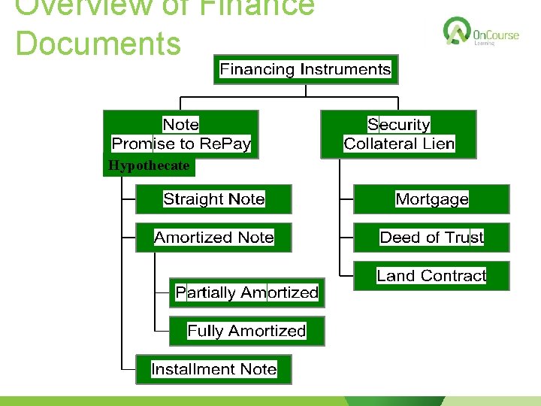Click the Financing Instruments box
coord(305,70)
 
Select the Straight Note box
coord(213,199)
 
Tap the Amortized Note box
coord(213,238)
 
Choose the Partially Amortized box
coord(246,292)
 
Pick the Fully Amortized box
coord(246,331)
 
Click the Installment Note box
coord(213,369)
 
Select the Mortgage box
coord(431,199)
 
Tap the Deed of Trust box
coord(431,238)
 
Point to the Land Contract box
coord(431,276)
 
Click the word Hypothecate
coord(149,166)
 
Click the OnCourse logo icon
coord(456,31)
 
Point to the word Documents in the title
coord(98,43)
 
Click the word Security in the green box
coord(398,125)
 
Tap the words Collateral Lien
coord(399,144)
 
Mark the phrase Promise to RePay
coord(181,144)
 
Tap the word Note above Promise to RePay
coord(181,125)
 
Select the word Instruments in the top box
coord(346,70)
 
